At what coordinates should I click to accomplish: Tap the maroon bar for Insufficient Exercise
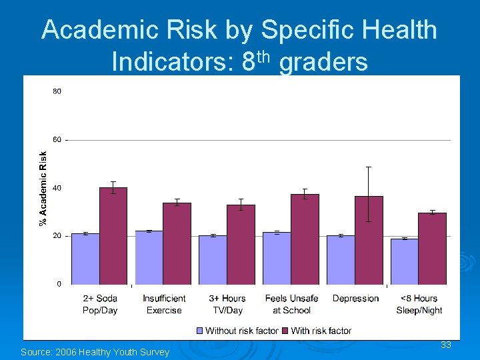click(x=177, y=243)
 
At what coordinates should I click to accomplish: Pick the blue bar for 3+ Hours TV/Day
click(x=213, y=259)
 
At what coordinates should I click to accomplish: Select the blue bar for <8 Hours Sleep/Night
click(x=404, y=261)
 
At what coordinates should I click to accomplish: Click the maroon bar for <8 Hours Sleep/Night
click(x=433, y=248)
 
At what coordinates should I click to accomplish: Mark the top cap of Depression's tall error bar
click(x=369, y=167)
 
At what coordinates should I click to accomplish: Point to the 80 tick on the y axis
click(x=57, y=91)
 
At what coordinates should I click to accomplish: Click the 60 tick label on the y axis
click(x=57, y=140)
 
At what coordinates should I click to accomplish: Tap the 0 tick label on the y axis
click(x=59, y=284)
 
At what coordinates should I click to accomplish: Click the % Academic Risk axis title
click(x=43, y=187)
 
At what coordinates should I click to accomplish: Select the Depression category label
click(x=355, y=299)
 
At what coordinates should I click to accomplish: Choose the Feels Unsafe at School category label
click(x=291, y=304)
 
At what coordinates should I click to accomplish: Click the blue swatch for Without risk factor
click(x=200, y=331)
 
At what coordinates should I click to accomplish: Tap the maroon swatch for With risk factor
click(x=285, y=331)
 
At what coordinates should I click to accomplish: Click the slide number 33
click(x=446, y=345)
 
